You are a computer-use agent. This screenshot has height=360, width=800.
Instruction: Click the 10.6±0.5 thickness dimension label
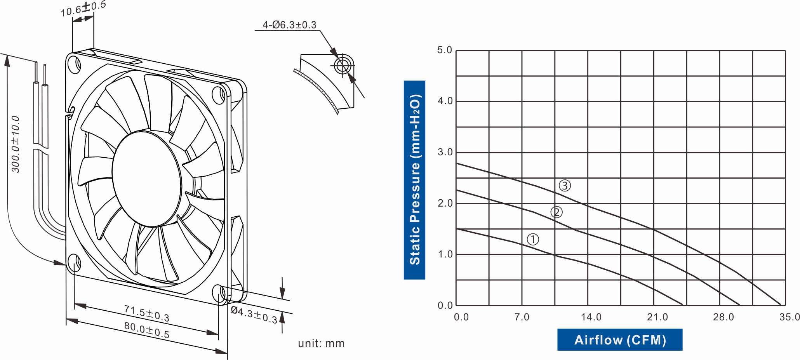click(83, 9)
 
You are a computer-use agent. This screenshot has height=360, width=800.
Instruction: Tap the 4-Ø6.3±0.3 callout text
click(289, 25)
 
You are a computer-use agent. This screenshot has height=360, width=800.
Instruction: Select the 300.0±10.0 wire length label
click(16, 144)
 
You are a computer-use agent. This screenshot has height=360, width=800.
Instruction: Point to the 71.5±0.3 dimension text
click(146, 313)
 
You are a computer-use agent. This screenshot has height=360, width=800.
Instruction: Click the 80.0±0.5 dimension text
click(146, 330)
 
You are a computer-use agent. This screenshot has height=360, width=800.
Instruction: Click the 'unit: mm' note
click(321, 343)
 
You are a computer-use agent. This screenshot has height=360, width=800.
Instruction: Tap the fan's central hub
click(147, 179)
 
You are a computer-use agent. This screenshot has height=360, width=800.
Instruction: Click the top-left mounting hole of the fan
click(74, 64)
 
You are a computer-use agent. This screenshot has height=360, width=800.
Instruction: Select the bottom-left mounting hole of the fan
click(74, 263)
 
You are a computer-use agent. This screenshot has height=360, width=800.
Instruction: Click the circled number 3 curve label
click(565, 186)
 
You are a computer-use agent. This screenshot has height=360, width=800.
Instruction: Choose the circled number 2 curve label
click(556, 212)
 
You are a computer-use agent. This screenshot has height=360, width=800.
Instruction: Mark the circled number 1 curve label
click(533, 239)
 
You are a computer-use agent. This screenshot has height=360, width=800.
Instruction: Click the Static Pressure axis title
click(414, 180)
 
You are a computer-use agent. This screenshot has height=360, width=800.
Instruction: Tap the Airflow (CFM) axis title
click(620, 340)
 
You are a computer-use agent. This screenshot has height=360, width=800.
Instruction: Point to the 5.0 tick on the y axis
click(445, 50)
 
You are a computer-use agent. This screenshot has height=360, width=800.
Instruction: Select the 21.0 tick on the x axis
click(657, 317)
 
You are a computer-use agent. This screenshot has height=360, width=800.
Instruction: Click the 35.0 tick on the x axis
click(789, 317)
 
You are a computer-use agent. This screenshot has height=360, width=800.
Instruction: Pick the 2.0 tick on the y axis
click(445, 203)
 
